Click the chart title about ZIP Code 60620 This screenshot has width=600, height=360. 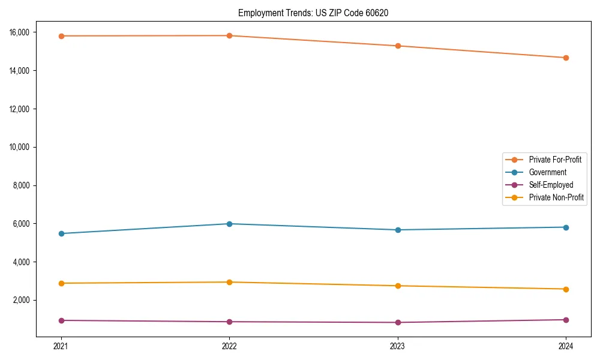313,13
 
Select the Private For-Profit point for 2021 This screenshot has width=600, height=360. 61,36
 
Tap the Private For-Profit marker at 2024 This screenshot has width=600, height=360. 566,58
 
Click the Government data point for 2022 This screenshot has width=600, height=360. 229,224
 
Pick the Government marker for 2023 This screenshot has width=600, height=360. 398,230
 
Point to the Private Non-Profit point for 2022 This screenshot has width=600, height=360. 229,282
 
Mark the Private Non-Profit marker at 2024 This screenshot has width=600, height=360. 566,289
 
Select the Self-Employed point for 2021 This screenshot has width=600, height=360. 61,320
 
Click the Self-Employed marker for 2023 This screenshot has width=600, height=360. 398,322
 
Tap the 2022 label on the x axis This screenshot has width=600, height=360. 229,346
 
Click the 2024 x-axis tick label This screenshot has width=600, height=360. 566,346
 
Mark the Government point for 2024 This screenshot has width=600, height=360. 566,227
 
